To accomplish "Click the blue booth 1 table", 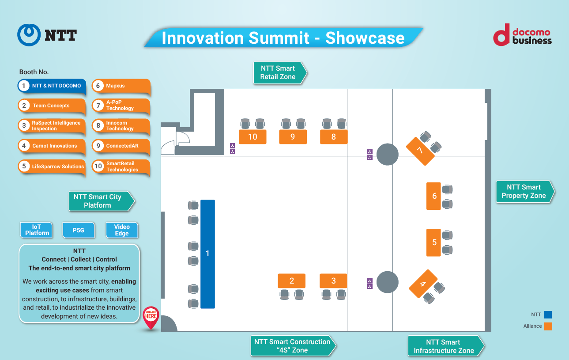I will click(x=207, y=254).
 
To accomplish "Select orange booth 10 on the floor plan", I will click(x=252, y=137).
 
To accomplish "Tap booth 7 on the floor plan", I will click(x=420, y=151).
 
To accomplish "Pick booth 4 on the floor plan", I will click(x=423, y=284).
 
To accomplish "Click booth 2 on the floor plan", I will click(x=291, y=281).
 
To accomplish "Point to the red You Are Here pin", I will click(x=151, y=317).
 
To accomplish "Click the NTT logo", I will click(x=47, y=35).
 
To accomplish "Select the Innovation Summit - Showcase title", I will click(x=283, y=38).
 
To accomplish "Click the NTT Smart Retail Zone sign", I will click(x=278, y=73).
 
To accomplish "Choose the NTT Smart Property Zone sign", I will click(x=524, y=192).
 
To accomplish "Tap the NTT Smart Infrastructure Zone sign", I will click(x=444, y=346).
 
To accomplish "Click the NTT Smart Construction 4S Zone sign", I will click(x=292, y=346).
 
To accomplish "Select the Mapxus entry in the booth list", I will click(x=121, y=86).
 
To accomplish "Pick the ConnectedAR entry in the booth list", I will click(x=121, y=146).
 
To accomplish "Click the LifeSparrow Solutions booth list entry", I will click(x=52, y=167).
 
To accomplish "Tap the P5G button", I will click(x=78, y=230).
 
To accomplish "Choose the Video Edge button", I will click(x=122, y=230).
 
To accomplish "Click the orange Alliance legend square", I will click(x=548, y=326).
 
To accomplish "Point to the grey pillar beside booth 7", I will click(x=387, y=154).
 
